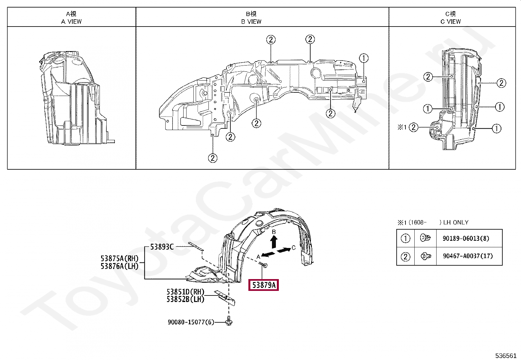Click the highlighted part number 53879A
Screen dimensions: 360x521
pos(264,285)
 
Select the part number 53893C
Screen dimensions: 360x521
pos(162,247)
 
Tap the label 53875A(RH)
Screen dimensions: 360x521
pos(119,258)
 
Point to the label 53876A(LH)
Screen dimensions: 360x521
pos(119,266)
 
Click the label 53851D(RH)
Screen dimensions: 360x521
pos(185,292)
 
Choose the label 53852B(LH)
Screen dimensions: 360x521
pos(185,299)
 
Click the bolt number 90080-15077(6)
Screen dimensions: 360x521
pos(191,322)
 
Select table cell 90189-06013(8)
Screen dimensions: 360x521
pos(466,238)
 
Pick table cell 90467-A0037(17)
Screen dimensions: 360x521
pos(468,256)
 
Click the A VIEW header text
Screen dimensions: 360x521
pos(71,22)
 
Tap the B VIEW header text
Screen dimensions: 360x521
pos(251,22)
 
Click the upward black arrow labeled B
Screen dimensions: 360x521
pos(274,242)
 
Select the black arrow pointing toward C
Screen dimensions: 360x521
pos(283,250)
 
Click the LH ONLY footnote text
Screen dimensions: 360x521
pos(456,222)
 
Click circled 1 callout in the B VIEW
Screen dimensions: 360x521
pos(364,58)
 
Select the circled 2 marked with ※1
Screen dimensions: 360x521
pos(414,127)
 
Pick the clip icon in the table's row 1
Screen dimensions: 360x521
pos(425,238)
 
